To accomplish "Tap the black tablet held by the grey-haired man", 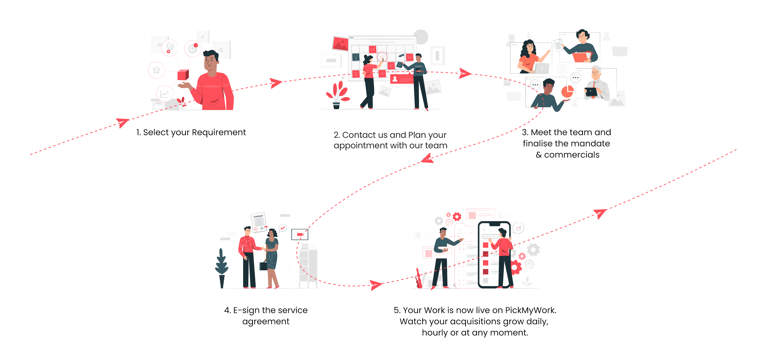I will pyautogui.click(x=591, y=92).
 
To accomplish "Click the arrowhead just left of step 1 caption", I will pyautogui.click(x=122, y=122).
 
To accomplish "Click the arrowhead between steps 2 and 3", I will pyautogui.click(x=464, y=73).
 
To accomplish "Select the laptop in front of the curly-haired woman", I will pyautogui.click(x=542, y=68).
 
